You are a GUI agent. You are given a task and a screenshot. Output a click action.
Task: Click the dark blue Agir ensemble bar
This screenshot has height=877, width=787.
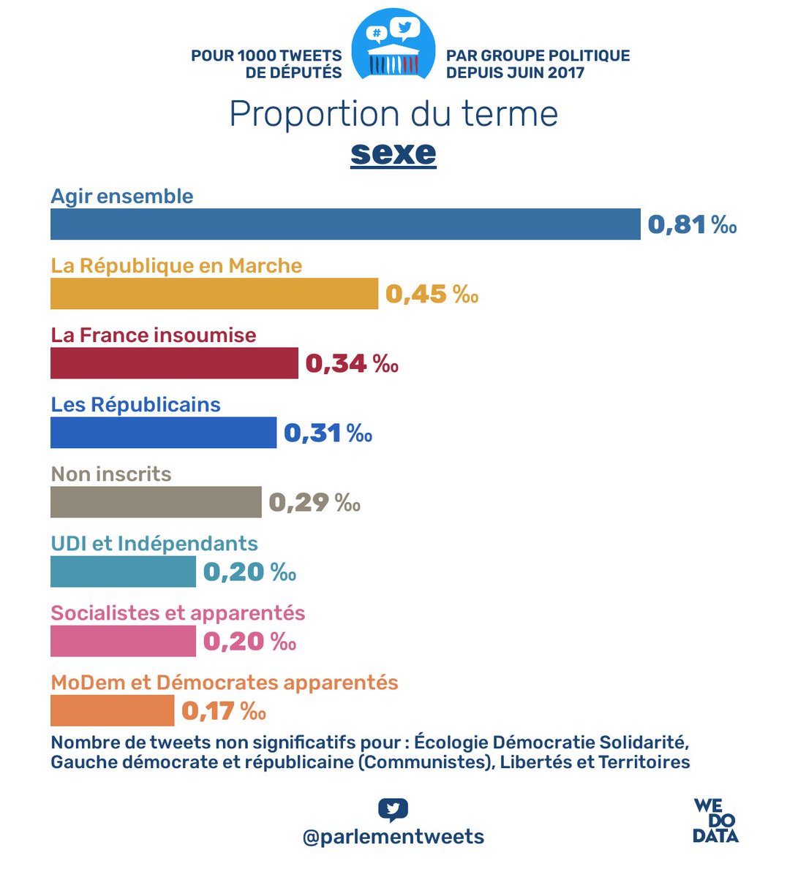[345, 224]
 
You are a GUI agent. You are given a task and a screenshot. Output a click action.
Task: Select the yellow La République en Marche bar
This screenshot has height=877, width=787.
[214, 294]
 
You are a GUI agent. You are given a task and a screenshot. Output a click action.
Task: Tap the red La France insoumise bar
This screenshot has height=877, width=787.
[174, 363]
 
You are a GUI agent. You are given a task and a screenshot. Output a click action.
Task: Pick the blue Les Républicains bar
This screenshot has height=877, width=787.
[163, 433]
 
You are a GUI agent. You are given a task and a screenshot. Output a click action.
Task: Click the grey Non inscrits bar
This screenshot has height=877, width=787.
[156, 502]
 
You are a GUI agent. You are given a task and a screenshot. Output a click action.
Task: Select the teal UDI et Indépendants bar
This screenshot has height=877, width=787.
[123, 572]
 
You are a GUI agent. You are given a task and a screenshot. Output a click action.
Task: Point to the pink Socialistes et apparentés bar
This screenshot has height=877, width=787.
[123, 641]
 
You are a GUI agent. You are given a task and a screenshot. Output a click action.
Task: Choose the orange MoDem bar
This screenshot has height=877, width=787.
[112, 710]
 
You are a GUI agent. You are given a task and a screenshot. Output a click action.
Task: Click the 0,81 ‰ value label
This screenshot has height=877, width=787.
[692, 224]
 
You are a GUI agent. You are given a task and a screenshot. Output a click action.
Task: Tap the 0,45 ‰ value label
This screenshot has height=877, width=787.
[432, 294]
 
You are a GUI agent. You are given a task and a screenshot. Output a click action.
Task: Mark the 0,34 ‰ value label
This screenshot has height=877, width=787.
[352, 363]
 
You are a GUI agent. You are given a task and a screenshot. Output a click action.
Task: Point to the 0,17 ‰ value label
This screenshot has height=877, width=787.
[224, 710]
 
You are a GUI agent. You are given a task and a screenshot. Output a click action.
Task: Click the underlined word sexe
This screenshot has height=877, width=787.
[393, 153]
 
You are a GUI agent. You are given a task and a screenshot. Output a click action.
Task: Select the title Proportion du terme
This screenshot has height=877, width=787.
[393, 114]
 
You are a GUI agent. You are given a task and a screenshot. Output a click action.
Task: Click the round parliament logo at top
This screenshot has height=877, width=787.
[393, 45]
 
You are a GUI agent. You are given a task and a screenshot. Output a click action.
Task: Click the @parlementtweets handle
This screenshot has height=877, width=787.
[393, 837]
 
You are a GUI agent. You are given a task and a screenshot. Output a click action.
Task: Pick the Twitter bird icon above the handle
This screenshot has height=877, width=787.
[393, 810]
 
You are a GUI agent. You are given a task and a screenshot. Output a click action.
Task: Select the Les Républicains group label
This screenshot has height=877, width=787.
[135, 405]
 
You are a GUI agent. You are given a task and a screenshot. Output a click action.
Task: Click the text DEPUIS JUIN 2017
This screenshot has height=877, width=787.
[515, 72]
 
